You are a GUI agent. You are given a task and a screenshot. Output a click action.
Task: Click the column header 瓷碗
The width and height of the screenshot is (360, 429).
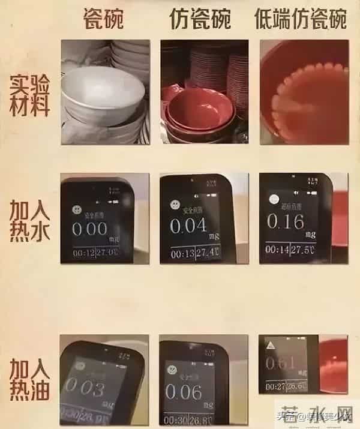tap(103, 19)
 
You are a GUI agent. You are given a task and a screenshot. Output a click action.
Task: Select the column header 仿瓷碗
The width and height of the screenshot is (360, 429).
tap(200, 19)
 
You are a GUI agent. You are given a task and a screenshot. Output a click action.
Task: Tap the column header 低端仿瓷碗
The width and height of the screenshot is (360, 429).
tap(301, 19)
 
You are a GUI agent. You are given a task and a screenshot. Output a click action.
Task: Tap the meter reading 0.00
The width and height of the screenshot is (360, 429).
tap(89, 229)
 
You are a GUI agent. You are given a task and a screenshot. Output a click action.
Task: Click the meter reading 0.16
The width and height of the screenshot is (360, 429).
tap(285, 221)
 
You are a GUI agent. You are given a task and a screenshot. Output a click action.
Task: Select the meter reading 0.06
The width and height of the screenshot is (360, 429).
tap(184, 392)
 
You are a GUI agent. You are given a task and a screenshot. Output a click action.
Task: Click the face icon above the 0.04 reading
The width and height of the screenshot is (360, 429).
tap(173, 202)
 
